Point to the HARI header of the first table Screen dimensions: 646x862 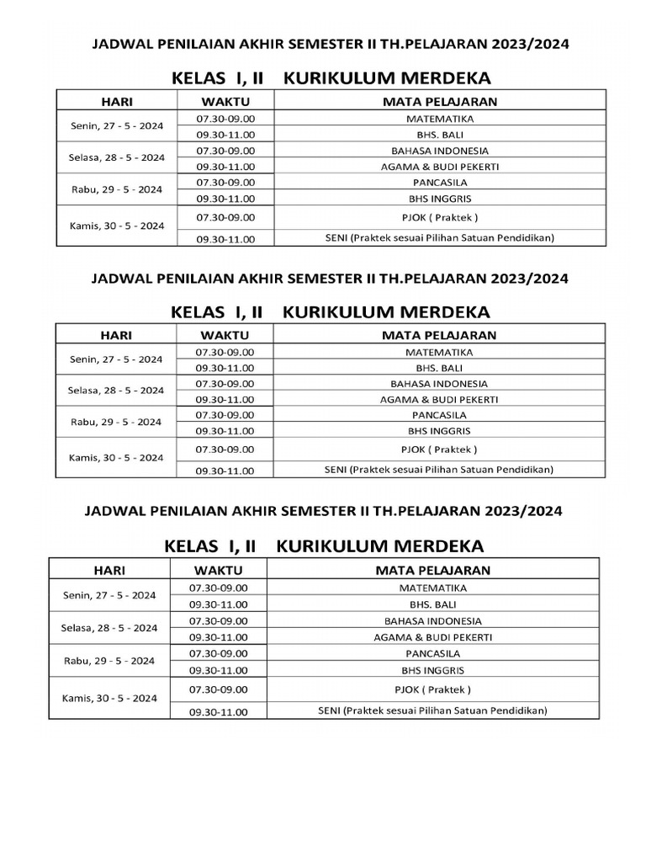(x=117, y=102)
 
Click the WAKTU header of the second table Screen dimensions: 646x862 (x=224, y=335)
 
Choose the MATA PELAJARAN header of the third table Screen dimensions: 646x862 (x=432, y=570)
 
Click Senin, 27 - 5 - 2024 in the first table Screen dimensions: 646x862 (x=117, y=126)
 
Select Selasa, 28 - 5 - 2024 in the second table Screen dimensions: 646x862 (x=117, y=391)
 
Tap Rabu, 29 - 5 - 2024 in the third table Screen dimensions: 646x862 (x=109, y=661)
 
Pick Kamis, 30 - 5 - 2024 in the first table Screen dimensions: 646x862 (x=117, y=226)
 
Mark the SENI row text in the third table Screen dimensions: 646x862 (x=432, y=710)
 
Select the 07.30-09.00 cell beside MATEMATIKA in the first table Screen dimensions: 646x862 (x=225, y=118)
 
